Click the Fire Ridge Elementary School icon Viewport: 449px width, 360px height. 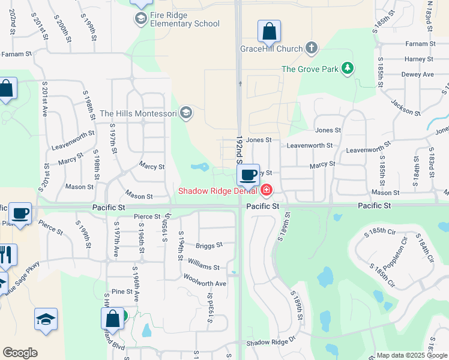pos(141,19)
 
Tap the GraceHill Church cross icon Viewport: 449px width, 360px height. pos(311,47)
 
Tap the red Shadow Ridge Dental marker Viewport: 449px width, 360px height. pos(265,191)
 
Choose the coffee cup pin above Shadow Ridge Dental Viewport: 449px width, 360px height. pos(248,175)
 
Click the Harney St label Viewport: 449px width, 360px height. pos(418,59)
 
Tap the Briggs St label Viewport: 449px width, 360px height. pos(209,245)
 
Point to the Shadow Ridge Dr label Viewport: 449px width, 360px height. pos(271,343)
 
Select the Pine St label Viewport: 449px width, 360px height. pos(121,292)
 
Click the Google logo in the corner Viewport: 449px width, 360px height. pos(20,353)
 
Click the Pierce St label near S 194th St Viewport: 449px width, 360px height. pos(147,217)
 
